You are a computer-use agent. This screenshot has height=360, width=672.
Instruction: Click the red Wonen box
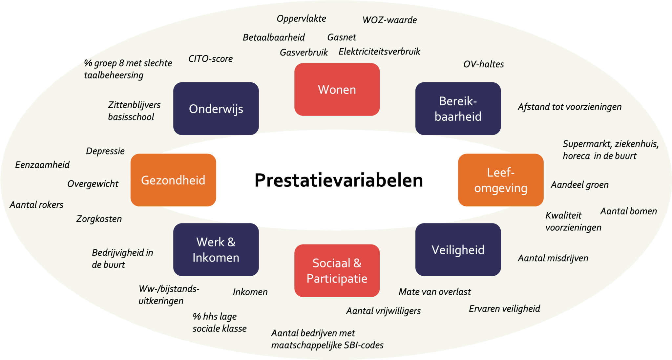pyautogui.click(x=337, y=89)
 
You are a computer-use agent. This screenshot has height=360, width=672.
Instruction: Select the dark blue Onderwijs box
pyautogui.click(x=216, y=109)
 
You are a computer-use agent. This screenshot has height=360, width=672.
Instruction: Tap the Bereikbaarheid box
pyautogui.click(x=458, y=109)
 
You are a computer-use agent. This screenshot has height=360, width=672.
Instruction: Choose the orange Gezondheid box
pyautogui.click(x=173, y=180)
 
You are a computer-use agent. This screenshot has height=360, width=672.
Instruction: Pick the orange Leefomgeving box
pyautogui.click(x=500, y=180)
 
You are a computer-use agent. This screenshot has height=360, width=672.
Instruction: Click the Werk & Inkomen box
pyautogui.click(x=216, y=250)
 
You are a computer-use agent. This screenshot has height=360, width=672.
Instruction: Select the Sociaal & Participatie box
pyautogui.click(x=337, y=271)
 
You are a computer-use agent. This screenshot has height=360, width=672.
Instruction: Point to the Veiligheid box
pyautogui.click(x=458, y=250)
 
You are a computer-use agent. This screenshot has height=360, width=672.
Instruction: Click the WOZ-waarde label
pyautogui.click(x=389, y=20)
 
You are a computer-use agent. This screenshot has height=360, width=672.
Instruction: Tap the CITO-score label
pyautogui.click(x=210, y=59)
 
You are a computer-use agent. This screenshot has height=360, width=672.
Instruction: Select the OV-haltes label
pyautogui.click(x=483, y=64)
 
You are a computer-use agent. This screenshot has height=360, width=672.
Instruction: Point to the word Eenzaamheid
pyautogui.click(x=42, y=164)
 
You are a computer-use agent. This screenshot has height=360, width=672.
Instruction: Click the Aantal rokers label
pyautogui.click(x=36, y=205)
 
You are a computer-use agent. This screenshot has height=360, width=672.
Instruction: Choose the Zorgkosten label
pyautogui.click(x=99, y=219)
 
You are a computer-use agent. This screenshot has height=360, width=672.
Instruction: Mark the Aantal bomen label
pyautogui.click(x=628, y=211)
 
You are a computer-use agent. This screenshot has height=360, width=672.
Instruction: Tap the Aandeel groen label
pyautogui.click(x=579, y=185)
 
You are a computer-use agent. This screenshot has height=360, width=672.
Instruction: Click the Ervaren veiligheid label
pyautogui.click(x=504, y=308)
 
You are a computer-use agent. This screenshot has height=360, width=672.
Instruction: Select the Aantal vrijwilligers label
pyautogui.click(x=383, y=311)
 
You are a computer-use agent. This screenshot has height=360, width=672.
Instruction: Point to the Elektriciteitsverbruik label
pyautogui.click(x=379, y=52)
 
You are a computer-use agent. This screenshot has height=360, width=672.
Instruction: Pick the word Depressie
pyautogui.click(x=105, y=151)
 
